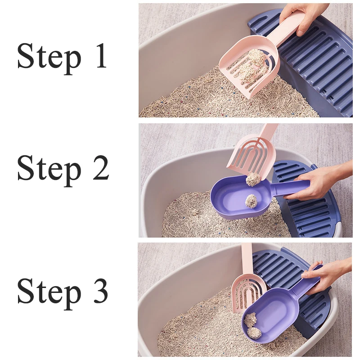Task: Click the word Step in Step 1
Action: point(49,58)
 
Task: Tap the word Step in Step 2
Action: point(49,169)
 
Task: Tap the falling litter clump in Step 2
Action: point(253,179)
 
